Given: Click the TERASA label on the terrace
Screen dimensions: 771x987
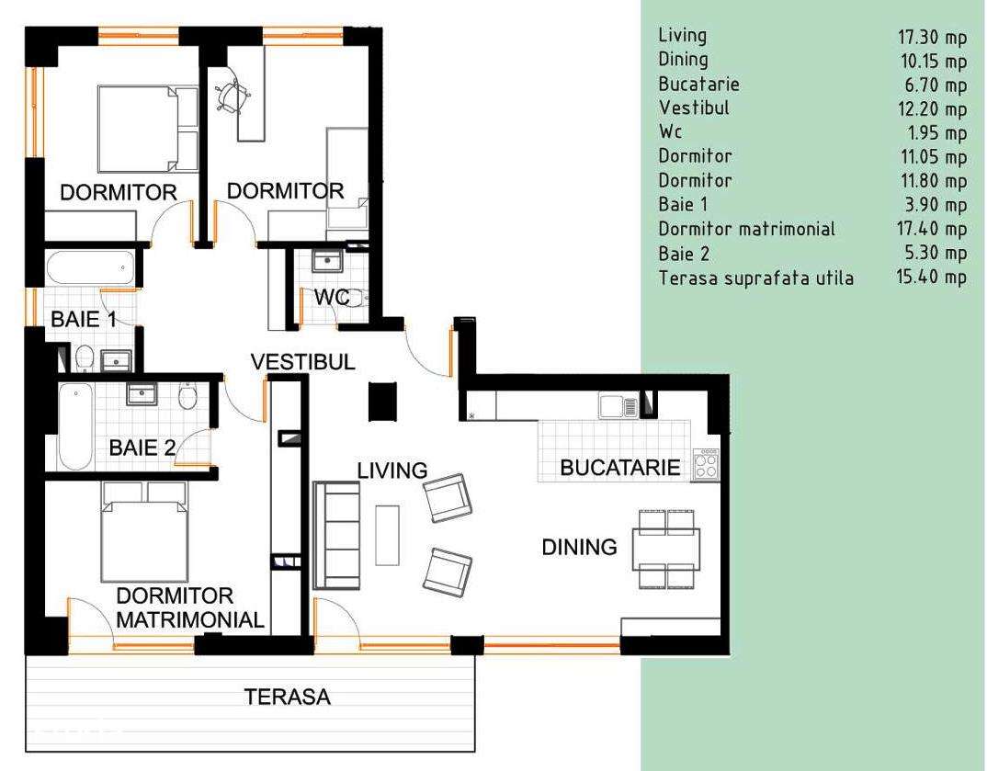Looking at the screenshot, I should click(x=287, y=697).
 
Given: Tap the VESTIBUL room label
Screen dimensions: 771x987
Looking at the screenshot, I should click(x=303, y=362).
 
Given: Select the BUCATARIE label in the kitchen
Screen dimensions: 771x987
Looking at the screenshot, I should click(x=620, y=468).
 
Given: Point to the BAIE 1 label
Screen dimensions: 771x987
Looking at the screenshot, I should click(x=84, y=321).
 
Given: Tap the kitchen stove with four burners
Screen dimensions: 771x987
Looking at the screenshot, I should click(x=707, y=464).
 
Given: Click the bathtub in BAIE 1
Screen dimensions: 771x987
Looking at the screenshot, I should click(x=90, y=268).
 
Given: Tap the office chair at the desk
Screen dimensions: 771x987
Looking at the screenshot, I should click(x=231, y=93).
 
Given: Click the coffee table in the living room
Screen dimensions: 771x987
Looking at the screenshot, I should click(x=387, y=535).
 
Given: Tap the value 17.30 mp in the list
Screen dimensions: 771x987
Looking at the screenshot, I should click(x=932, y=37).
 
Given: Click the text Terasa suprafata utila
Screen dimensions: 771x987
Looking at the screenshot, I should click(x=755, y=277).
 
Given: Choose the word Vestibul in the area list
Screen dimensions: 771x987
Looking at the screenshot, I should click(x=694, y=108).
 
